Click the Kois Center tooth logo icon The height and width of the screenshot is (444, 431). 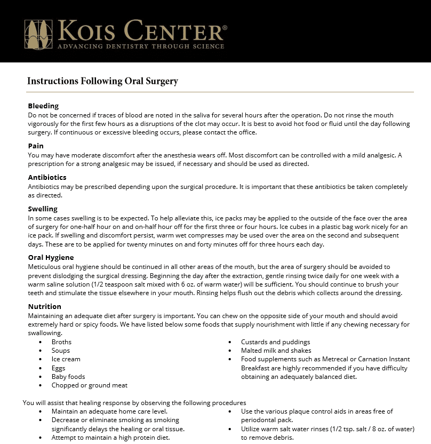[x=38, y=34]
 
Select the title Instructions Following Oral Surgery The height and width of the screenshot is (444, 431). [x=102, y=81]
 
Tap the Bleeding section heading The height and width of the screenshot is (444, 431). [x=43, y=106]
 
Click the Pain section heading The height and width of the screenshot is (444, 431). [x=36, y=146]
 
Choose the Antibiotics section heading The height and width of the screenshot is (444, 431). [x=47, y=177]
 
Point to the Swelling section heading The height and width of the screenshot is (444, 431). [x=43, y=209]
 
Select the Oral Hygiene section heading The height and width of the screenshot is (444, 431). [x=51, y=257]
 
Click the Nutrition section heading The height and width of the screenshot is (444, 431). [x=44, y=306]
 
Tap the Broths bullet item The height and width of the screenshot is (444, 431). [x=61, y=342]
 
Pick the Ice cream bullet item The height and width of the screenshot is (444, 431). [x=66, y=359]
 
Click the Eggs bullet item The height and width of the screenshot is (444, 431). [x=58, y=368]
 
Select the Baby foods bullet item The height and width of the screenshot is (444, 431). [x=68, y=376]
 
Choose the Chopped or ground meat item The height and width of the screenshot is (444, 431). [x=89, y=385]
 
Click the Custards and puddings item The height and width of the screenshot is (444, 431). [x=275, y=342]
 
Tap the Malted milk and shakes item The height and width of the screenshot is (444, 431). [x=276, y=351]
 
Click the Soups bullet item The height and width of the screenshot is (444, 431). [x=61, y=351]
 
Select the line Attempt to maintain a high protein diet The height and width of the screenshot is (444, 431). [x=110, y=437]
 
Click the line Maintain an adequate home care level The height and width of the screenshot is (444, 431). [x=109, y=411]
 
